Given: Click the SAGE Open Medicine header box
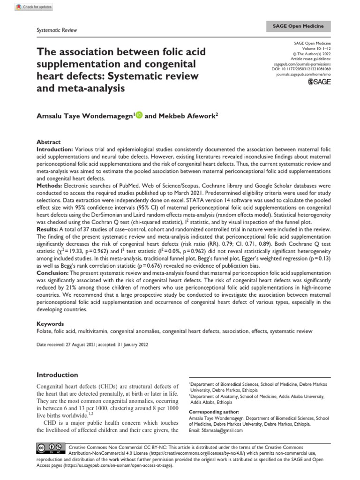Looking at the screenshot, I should [x=305, y=26].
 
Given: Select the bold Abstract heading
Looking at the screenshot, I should [x=48, y=142].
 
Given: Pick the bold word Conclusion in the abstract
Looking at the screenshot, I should [x=52, y=271].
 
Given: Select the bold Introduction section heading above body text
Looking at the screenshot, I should [x=57, y=375].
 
